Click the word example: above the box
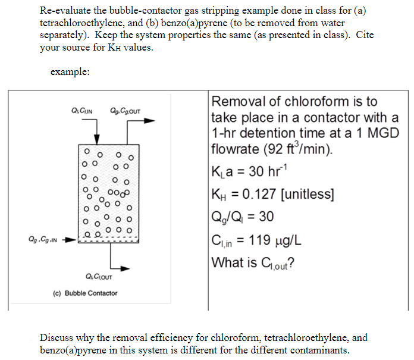70,71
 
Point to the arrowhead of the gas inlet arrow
73,242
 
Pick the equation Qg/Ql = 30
243,216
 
